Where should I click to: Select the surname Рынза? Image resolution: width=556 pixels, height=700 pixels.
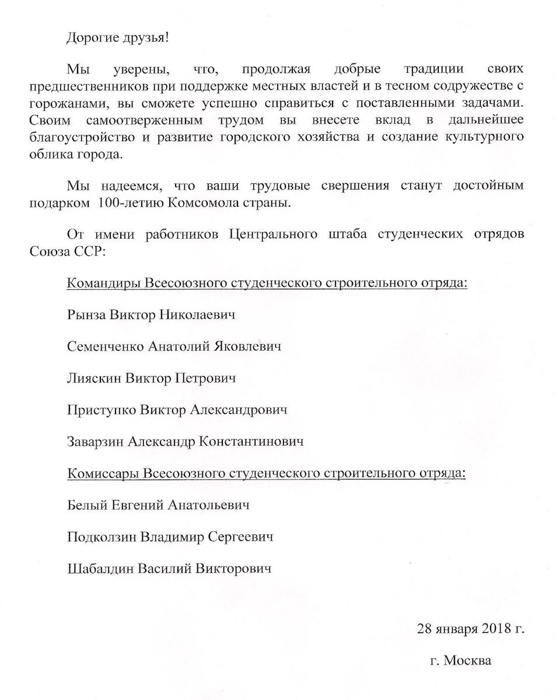click(87, 316)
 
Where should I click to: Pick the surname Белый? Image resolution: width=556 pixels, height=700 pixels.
click(85, 505)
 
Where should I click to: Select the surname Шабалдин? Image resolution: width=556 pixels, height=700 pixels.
click(100, 568)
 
